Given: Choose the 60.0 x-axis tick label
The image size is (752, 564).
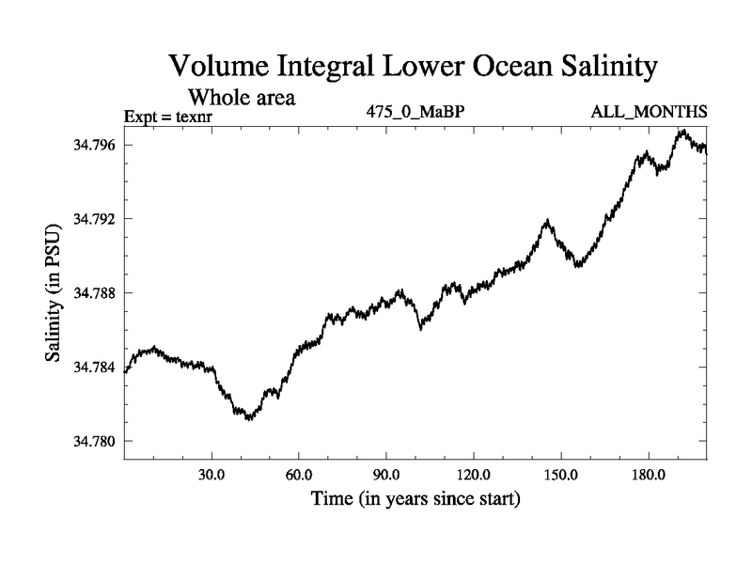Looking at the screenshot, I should tap(299, 475).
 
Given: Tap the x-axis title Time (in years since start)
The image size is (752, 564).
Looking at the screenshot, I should tap(415, 498).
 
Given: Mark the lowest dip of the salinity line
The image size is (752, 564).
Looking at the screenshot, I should tap(248, 418).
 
